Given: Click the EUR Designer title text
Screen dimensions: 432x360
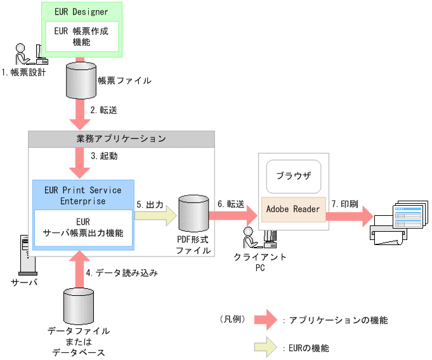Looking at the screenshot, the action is pyautogui.click(x=81, y=12).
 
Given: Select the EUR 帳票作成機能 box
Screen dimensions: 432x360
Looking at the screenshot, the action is pyautogui.click(x=82, y=36).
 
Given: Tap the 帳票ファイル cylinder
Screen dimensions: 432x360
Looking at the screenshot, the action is pyautogui.click(x=81, y=80).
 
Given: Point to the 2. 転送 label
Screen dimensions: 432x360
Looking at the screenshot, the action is pyautogui.click(x=104, y=110).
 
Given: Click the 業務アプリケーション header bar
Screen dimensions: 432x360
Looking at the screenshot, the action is pyautogui.click(x=121, y=139).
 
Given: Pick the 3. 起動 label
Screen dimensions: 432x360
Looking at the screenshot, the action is pyautogui.click(x=104, y=156).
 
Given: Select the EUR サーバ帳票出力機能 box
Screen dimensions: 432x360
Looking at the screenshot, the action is pyautogui.click(x=83, y=228).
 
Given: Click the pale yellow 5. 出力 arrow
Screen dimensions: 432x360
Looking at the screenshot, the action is pyautogui.click(x=155, y=216).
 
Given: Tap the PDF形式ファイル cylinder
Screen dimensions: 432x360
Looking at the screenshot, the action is pyautogui.click(x=193, y=213).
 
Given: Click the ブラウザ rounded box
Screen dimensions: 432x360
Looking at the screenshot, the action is pyautogui.click(x=294, y=177).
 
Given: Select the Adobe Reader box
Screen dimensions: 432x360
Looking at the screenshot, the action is pyautogui.click(x=294, y=210).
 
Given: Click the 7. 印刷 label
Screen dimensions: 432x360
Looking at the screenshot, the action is pyautogui.click(x=345, y=204).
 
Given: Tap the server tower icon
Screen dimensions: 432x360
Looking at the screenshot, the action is pyautogui.click(x=27, y=255).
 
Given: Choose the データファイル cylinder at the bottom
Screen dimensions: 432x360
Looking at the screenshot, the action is pyautogui.click(x=79, y=306).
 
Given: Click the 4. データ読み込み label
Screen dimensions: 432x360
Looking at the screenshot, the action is pyautogui.click(x=122, y=273).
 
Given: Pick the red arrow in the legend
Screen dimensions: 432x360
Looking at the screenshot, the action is pyautogui.click(x=266, y=320).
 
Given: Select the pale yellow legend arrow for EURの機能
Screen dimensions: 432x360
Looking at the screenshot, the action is pyautogui.click(x=266, y=347).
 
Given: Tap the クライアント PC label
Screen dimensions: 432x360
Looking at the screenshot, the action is pyautogui.click(x=260, y=262).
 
